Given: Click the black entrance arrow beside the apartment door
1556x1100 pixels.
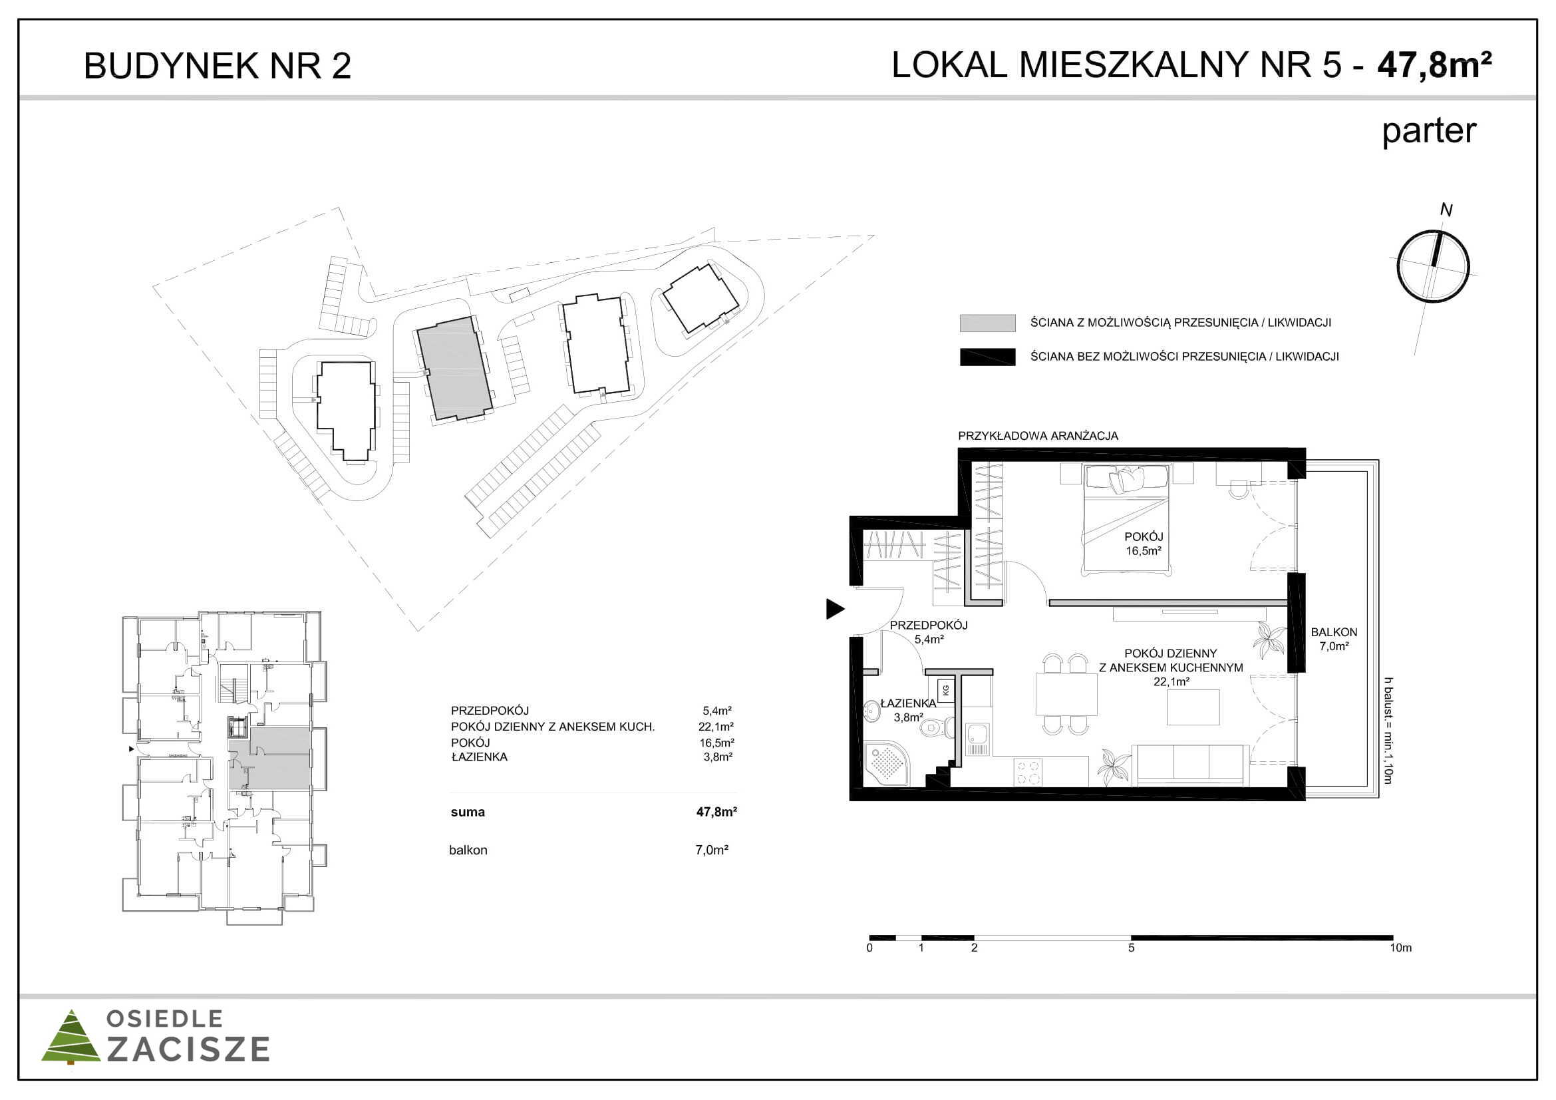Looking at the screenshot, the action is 834,609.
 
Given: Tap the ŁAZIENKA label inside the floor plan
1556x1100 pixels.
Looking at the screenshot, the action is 908,703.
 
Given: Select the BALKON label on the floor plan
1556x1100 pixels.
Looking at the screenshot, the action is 1334,632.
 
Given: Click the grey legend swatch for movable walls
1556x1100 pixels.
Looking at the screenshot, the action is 987,323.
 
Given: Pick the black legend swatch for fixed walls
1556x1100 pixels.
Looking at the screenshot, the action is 987,357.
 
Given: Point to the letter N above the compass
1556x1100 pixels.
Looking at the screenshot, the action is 1446,210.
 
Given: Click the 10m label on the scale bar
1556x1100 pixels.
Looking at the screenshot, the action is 1401,947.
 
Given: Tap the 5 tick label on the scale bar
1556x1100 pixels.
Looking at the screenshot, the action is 1131,947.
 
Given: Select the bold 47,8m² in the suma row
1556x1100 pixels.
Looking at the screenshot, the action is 716,811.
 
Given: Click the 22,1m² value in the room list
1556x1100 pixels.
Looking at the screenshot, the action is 716,727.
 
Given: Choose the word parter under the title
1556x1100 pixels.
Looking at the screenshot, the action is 1428,131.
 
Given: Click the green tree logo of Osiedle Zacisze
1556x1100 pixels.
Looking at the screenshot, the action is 71,1037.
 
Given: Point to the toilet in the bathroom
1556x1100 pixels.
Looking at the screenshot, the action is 936,729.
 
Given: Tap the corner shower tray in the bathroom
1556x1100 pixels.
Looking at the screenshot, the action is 888,764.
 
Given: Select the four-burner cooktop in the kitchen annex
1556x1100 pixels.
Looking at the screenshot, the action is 1028,771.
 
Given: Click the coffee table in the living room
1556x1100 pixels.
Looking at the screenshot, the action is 1193,707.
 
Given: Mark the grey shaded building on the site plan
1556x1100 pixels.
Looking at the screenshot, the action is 454,369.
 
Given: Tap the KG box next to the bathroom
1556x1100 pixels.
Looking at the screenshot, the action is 945,690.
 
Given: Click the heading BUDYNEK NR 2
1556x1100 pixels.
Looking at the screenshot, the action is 218,66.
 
